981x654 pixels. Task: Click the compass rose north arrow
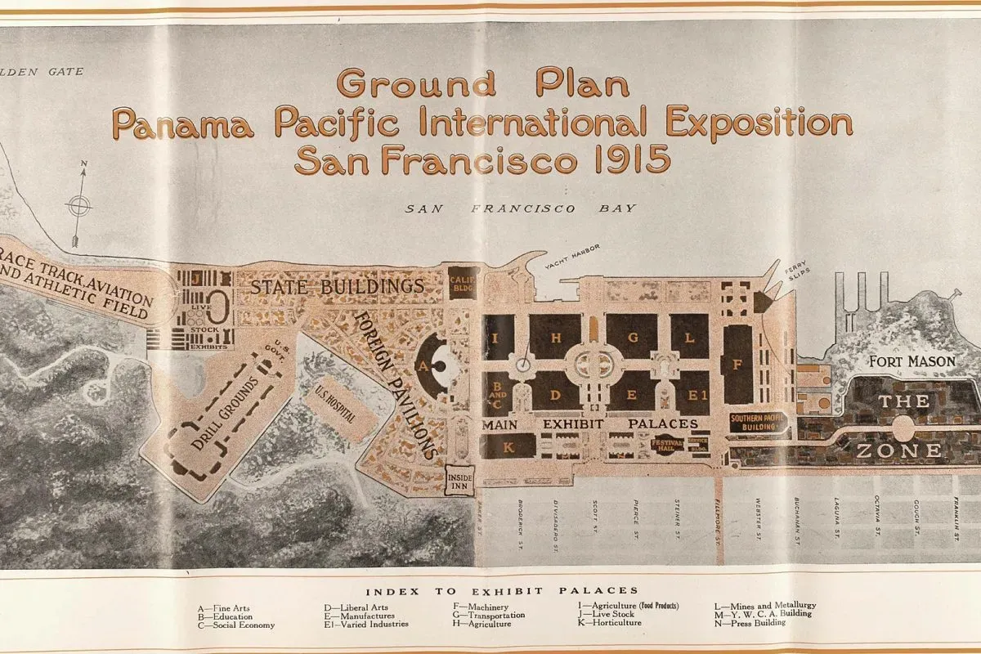(79, 204)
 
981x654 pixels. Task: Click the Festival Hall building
(666, 446)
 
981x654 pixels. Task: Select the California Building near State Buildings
(464, 283)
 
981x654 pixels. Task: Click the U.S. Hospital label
(336, 405)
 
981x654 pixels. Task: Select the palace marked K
(508, 446)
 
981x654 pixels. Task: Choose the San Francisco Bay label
(521, 208)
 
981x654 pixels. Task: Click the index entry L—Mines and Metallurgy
(765, 606)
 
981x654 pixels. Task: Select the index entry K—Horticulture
(610, 623)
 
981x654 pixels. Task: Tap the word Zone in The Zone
(898, 450)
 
